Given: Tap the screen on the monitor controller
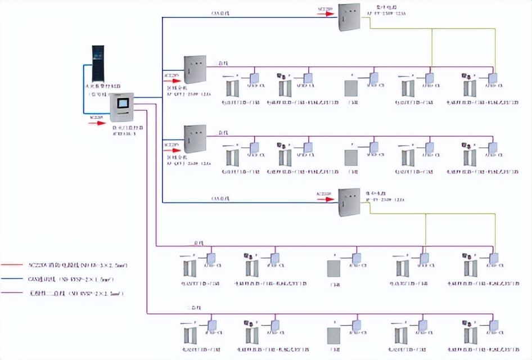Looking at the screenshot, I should coord(122,103).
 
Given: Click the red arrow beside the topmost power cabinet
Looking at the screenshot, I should coord(325,13).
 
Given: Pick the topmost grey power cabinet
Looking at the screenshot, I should coord(349,17).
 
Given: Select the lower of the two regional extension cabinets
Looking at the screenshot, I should coord(195,139).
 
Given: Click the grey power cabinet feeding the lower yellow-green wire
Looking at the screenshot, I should coord(349,202).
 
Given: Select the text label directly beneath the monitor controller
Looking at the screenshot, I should coord(125,131).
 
